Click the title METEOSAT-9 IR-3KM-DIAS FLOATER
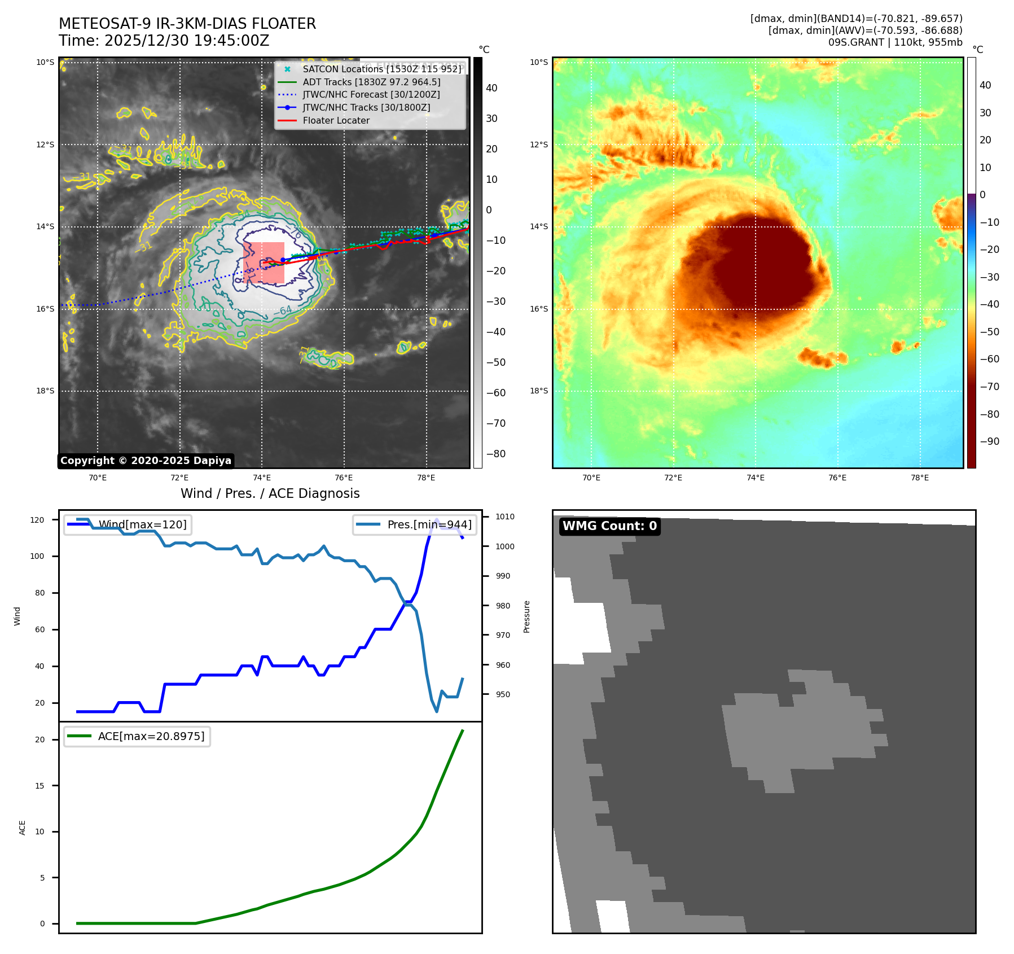(x=187, y=24)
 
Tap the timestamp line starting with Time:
(x=164, y=41)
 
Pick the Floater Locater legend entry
(x=336, y=120)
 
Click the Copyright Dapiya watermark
(x=146, y=461)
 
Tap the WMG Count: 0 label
(x=609, y=526)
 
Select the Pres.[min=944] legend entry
(x=429, y=524)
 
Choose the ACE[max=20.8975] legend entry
(x=151, y=736)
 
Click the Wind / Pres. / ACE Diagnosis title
(x=270, y=493)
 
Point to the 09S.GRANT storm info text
(x=895, y=42)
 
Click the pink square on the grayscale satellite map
(x=264, y=262)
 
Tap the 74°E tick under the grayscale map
(x=262, y=478)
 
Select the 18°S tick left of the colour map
(x=538, y=391)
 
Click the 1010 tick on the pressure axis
(x=505, y=517)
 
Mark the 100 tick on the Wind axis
(x=39, y=556)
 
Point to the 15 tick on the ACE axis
(x=39, y=786)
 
